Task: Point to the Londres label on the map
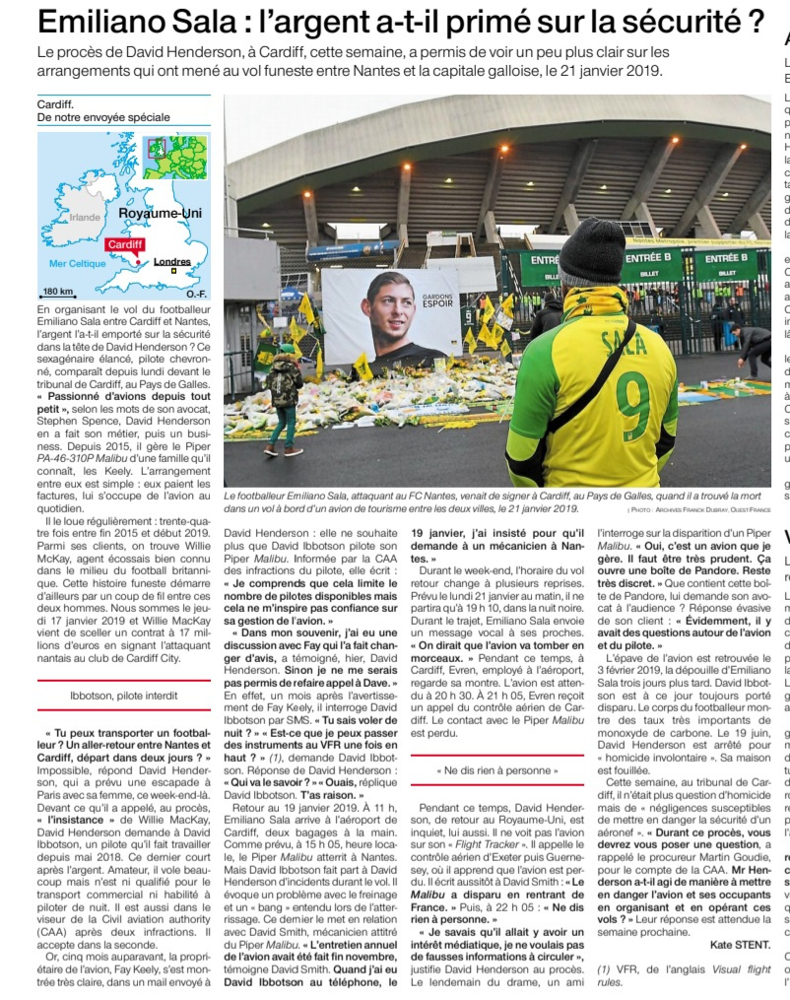[x=172, y=262]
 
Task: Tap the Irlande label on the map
[x=85, y=217]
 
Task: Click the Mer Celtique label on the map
[x=77, y=264]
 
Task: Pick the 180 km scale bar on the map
[x=59, y=292]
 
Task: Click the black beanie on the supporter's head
[x=592, y=251]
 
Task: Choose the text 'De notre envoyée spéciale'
[x=103, y=117]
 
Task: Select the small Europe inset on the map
[x=176, y=157]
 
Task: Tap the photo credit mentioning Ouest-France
[x=698, y=511]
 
